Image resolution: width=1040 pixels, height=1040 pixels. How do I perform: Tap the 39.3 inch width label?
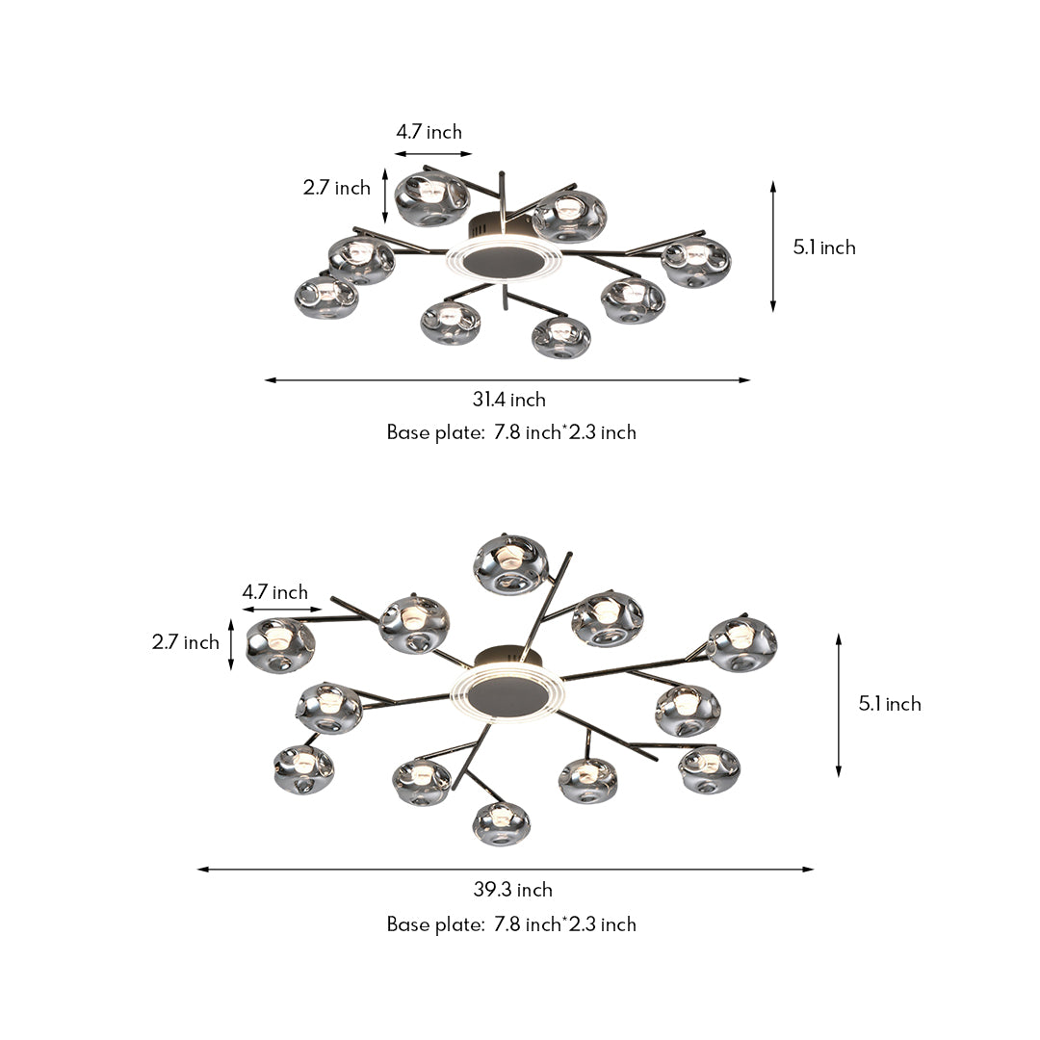(512, 890)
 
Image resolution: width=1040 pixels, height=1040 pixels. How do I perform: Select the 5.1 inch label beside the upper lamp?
(824, 247)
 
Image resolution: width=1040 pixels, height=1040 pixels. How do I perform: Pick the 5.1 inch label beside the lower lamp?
(890, 704)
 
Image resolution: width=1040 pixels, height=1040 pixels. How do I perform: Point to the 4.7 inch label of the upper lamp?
(429, 132)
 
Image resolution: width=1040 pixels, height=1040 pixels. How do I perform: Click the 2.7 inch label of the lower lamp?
(185, 642)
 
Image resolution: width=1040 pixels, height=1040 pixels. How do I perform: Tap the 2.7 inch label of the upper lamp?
(337, 188)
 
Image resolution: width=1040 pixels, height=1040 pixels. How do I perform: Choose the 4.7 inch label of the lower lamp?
(275, 592)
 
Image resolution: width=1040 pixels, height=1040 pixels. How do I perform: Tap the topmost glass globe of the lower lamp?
(511, 564)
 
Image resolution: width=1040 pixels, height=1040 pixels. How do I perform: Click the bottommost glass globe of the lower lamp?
(501, 823)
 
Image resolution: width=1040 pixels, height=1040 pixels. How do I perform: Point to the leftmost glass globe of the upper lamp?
(326, 297)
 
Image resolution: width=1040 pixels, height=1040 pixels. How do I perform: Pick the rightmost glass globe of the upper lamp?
(696, 262)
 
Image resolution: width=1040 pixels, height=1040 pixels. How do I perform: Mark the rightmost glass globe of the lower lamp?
(741, 644)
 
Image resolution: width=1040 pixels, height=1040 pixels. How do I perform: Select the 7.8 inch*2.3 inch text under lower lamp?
(565, 924)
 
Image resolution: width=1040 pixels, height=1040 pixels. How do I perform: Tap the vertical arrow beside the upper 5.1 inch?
(772, 247)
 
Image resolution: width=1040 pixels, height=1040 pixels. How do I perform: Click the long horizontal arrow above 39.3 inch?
(506, 870)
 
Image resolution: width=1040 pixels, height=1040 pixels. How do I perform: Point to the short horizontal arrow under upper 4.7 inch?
(433, 153)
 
